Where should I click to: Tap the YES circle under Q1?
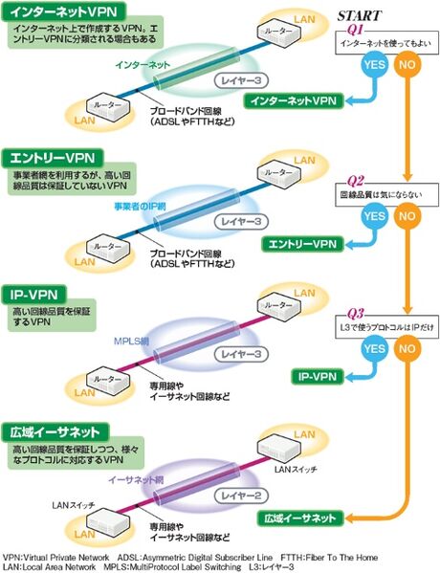tap(374, 66)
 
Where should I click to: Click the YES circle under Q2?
tap(374, 216)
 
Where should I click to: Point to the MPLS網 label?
tap(117, 339)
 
